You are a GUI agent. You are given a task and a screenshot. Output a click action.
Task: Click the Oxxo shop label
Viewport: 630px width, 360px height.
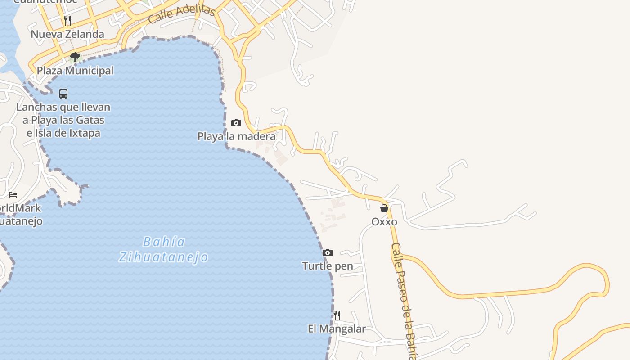(x=384, y=222)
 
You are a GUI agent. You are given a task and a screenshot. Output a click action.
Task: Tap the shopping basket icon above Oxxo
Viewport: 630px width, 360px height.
(x=384, y=208)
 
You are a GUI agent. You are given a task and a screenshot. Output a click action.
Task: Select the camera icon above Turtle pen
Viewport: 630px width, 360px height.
(x=328, y=252)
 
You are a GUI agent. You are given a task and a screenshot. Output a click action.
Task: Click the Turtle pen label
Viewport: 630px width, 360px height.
(x=328, y=266)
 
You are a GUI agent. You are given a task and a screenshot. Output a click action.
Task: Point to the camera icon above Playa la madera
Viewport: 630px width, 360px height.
(x=236, y=123)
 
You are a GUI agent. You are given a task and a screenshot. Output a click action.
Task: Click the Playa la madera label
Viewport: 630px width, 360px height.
(x=236, y=136)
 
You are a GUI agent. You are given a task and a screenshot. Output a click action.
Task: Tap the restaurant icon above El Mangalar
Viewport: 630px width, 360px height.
(x=337, y=315)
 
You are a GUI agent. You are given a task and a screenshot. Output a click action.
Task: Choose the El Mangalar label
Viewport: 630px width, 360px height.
(x=337, y=329)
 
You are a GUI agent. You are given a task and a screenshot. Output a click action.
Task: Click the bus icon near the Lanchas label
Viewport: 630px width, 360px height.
(x=63, y=94)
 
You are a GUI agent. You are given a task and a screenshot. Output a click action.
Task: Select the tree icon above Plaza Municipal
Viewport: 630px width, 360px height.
(x=75, y=57)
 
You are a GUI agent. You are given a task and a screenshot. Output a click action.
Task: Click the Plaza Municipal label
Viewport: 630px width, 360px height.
(x=75, y=71)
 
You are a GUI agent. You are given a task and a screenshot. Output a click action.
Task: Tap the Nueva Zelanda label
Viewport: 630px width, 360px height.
(x=67, y=34)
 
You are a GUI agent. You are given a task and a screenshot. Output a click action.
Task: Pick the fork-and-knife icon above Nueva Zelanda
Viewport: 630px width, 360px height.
(x=67, y=20)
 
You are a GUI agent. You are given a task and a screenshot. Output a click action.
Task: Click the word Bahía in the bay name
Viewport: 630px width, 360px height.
(x=164, y=242)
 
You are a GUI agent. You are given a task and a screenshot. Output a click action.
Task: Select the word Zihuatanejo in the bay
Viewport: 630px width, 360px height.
(x=164, y=257)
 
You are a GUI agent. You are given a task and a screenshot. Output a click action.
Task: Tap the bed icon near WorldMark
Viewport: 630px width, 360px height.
(x=13, y=195)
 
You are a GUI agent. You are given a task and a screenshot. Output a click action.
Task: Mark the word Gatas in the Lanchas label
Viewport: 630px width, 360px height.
(x=90, y=120)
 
